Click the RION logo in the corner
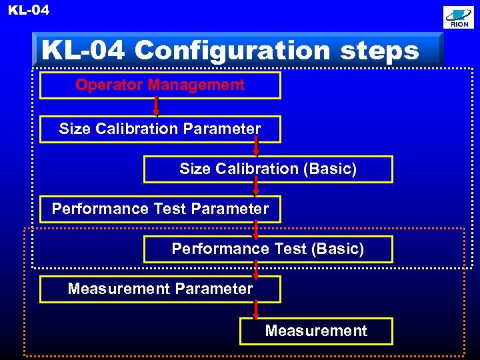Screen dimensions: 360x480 click(x=459, y=17)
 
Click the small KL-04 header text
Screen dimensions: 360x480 click(x=29, y=10)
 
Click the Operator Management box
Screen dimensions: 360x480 click(x=160, y=85)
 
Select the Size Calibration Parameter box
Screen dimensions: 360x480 click(x=160, y=129)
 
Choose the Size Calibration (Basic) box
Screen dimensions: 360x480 click(x=268, y=169)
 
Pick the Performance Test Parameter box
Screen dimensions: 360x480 click(x=160, y=209)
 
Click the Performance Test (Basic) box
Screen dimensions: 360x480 click(x=268, y=249)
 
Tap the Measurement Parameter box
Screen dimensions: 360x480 click(x=160, y=289)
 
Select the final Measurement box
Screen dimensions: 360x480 click(x=316, y=331)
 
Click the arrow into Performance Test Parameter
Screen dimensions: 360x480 click(x=256, y=187)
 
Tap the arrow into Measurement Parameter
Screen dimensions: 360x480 click(x=256, y=268)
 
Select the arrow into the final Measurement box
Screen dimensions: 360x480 click(x=256, y=310)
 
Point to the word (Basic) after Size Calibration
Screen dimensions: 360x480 click(x=330, y=169)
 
